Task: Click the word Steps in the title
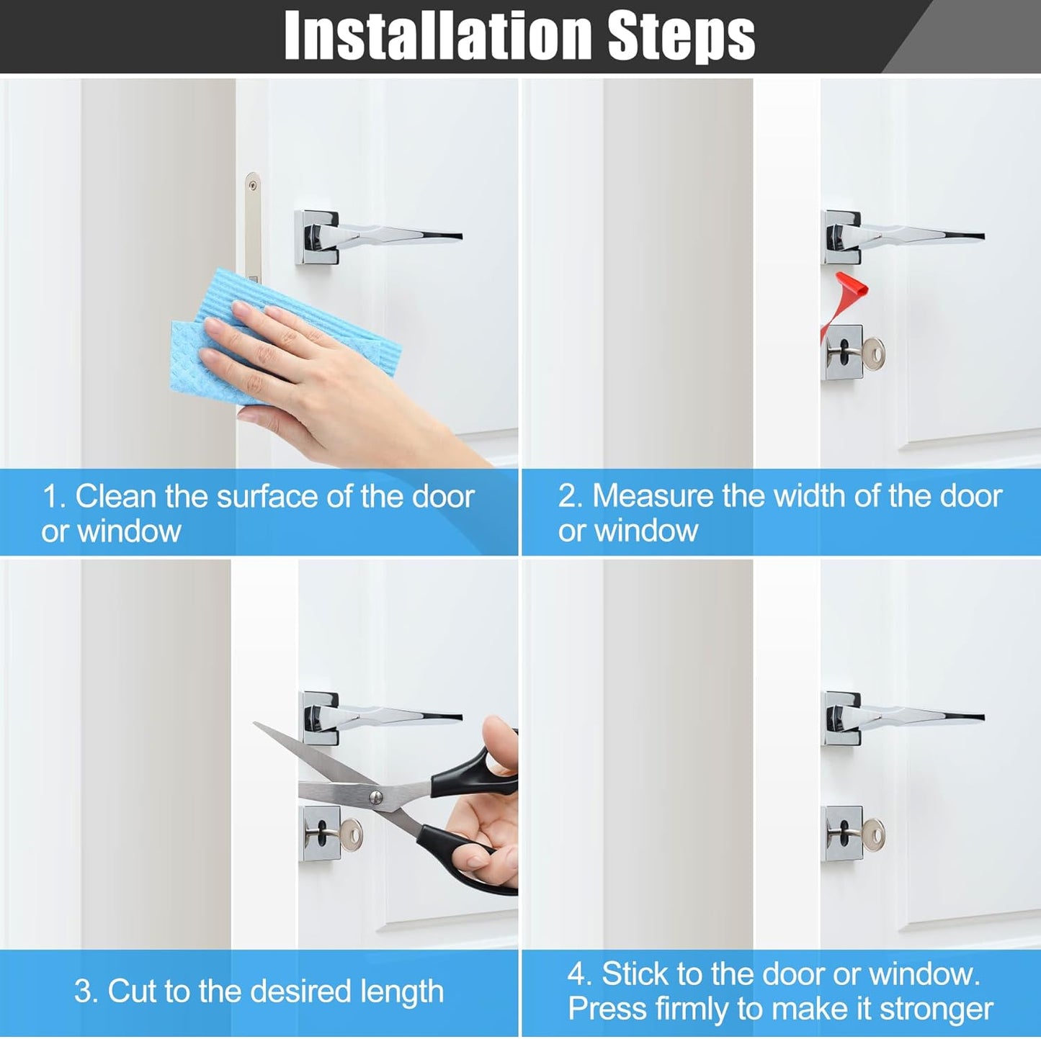682,37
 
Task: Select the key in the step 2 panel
864,354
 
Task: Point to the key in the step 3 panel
342,835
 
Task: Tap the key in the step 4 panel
864,835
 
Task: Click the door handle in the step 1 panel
378,236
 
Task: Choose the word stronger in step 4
937,1009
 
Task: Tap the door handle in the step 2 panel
902,236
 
